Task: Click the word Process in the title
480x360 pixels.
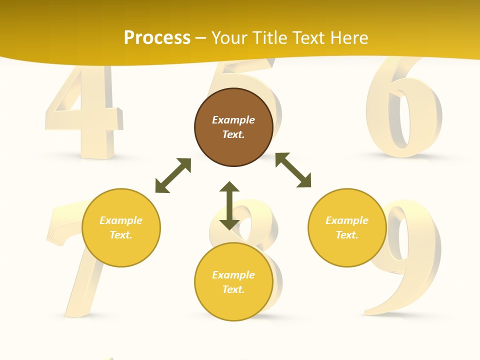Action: tap(157, 38)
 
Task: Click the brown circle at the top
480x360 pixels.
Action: tap(233, 127)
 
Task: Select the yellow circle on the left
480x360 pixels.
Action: tap(121, 227)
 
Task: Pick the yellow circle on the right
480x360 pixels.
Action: tap(347, 227)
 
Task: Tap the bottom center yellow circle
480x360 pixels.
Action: tap(233, 282)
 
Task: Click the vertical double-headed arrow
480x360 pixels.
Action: tap(229, 205)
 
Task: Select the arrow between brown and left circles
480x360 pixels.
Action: tap(173, 175)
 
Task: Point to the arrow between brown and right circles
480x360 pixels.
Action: tap(293, 170)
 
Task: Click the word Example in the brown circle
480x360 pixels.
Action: tap(233, 120)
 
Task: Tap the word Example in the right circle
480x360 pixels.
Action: tap(347, 220)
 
